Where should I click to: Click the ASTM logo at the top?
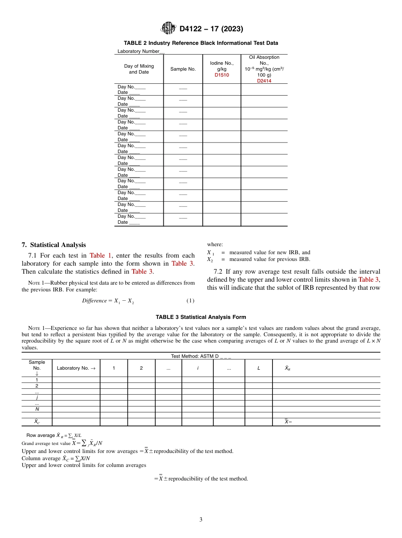[168, 28]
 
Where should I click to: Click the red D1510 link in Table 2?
[221, 75]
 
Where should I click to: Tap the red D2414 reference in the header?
[264, 81]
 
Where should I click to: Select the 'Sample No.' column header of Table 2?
[183, 69]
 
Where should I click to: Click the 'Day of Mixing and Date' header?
[139, 69]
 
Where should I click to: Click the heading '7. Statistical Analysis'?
[54, 245]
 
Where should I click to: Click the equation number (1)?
[190, 301]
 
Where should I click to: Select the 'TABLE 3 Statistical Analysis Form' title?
[201, 317]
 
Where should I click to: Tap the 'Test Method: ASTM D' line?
[201, 356]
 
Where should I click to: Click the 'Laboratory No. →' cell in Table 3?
[76, 368]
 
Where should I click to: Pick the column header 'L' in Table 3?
[259, 368]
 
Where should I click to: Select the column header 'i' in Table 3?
[198, 368]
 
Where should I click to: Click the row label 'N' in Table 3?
[37, 409]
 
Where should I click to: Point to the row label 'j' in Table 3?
[37, 398]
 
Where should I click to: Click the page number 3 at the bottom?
[201, 520]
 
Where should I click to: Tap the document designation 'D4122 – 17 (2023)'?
[211, 29]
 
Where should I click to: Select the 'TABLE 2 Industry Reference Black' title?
[201, 43]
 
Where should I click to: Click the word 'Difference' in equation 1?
[94, 301]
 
